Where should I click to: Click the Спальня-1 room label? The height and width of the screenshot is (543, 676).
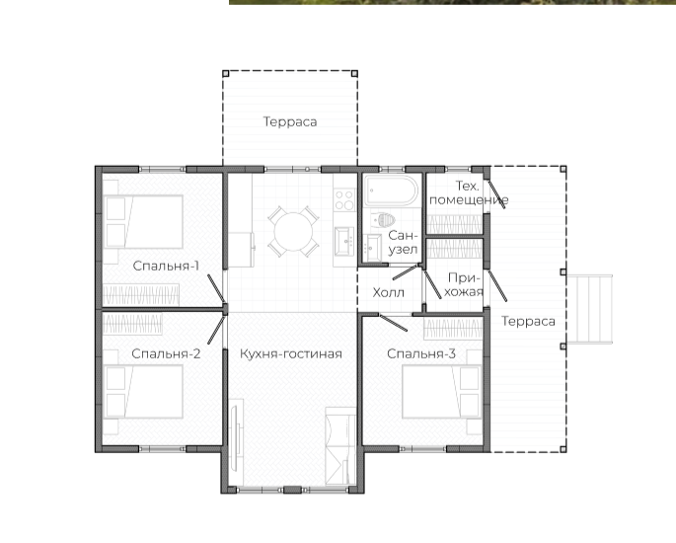coord(166,266)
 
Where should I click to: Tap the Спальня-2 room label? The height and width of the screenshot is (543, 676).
coord(166,353)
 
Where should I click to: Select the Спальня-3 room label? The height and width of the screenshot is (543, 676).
coord(421,353)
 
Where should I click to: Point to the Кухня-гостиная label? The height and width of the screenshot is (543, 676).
coord(291,354)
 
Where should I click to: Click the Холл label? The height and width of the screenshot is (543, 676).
coord(389,292)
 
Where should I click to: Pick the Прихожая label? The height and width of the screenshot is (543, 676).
coord(464,284)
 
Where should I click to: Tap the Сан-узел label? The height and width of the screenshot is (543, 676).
coord(403,243)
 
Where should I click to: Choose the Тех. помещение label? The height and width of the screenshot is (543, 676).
coord(469,193)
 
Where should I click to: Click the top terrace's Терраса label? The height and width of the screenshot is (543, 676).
coord(290,121)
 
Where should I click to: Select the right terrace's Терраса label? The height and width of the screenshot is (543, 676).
coord(529,321)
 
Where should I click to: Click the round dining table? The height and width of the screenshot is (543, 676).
coord(293,232)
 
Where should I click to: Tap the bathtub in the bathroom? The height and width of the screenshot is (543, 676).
coord(391,190)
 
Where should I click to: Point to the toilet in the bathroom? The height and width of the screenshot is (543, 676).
coord(384,220)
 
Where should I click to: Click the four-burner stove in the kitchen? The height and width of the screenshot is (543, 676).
coord(344,199)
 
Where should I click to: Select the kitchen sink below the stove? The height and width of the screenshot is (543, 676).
coord(344,242)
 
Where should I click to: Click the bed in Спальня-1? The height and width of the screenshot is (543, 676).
coord(143,222)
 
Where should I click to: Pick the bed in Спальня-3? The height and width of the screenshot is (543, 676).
coord(441,392)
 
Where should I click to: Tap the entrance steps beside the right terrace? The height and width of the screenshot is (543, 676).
coord(590,309)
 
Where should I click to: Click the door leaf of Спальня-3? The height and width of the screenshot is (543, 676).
coord(393,323)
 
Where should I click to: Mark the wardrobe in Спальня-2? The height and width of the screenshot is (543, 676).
coord(132,324)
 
